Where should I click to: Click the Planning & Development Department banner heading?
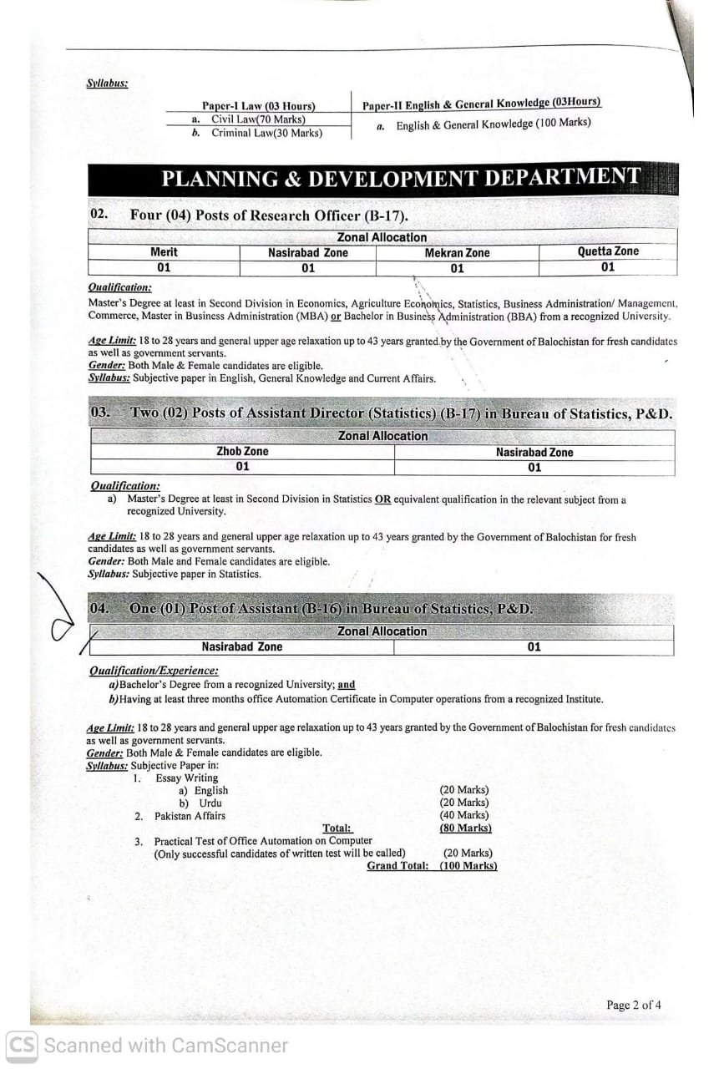tap(401, 178)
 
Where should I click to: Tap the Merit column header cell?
tap(164, 252)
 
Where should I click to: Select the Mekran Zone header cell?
tap(457, 253)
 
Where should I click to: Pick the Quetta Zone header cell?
tap(607, 251)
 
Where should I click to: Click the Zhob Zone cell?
tap(242, 452)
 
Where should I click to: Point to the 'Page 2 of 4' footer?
tap(634, 1005)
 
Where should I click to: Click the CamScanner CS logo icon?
tap(22, 1046)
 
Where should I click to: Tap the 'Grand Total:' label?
tap(397, 866)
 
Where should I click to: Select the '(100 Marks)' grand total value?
tap(468, 866)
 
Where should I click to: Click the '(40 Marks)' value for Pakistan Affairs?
tap(464, 815)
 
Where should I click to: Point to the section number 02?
tap(99, 215)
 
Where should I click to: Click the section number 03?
tap(99, 413)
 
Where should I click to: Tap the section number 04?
tap(99, 609)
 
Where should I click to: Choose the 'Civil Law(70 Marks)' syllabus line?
tap(258, 119)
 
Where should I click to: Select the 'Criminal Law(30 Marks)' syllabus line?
tap(266, 133)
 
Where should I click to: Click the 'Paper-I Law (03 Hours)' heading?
tap(258, 106)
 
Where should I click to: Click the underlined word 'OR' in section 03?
tap(382, 499)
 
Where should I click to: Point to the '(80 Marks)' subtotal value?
tap(465, 828)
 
